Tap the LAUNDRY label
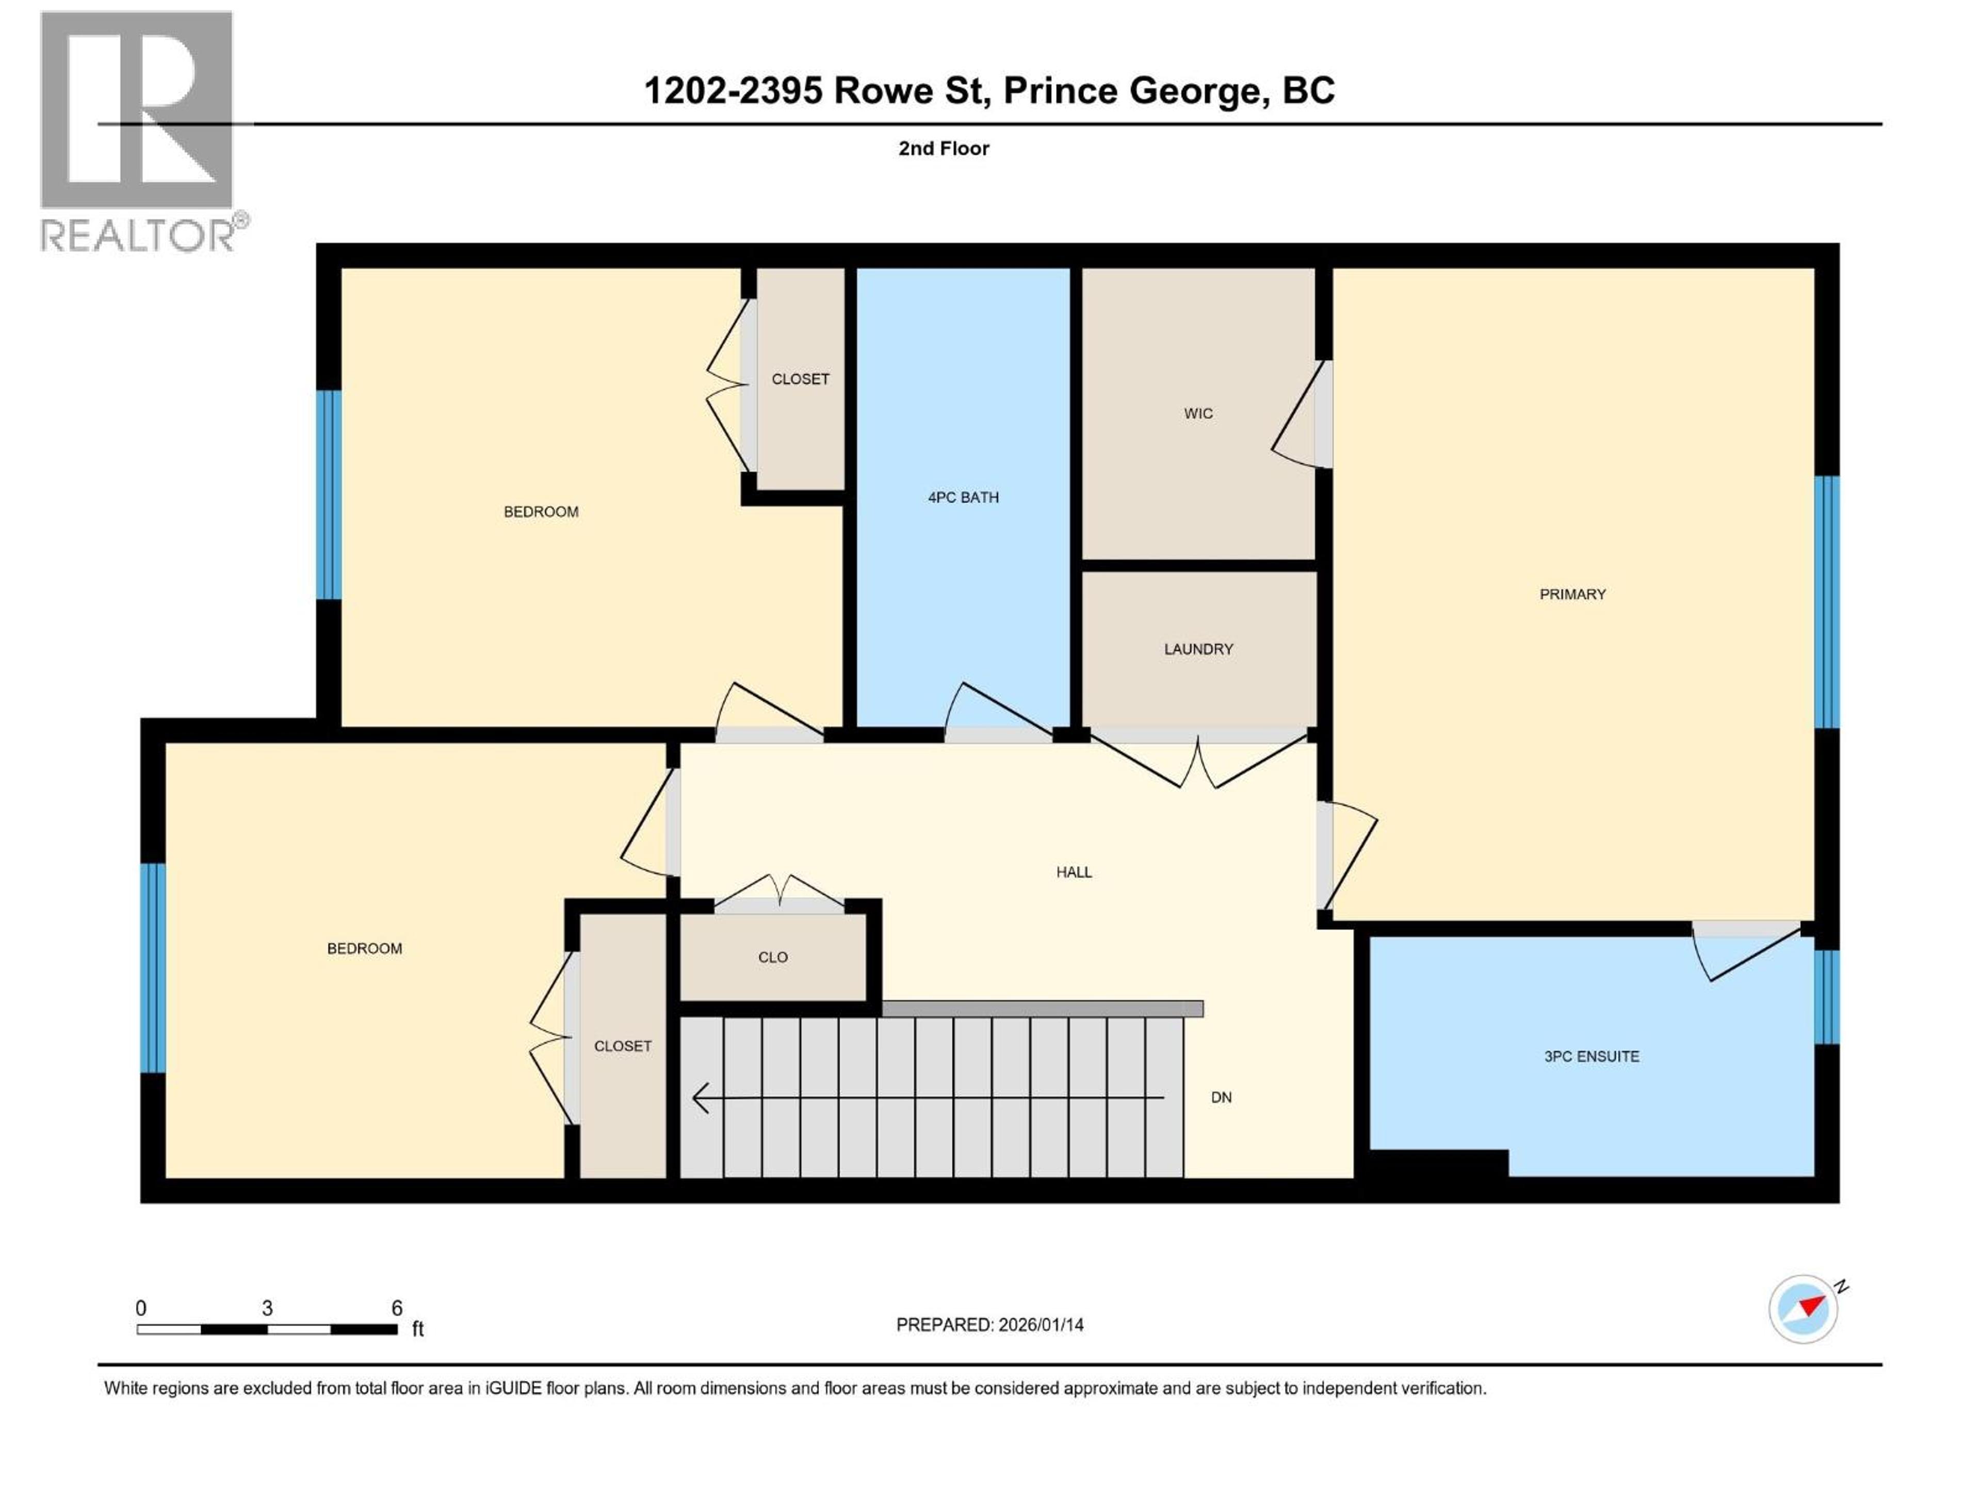[x=1198, y=649]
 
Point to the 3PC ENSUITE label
[x=1592, y=1056]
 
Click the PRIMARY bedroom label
[x=1572, y=595]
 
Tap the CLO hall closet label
[x=773, y=958]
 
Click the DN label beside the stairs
[x=1221, y=1097]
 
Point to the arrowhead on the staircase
[x=701, y=1097]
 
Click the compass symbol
[x=1803, y=1309]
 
